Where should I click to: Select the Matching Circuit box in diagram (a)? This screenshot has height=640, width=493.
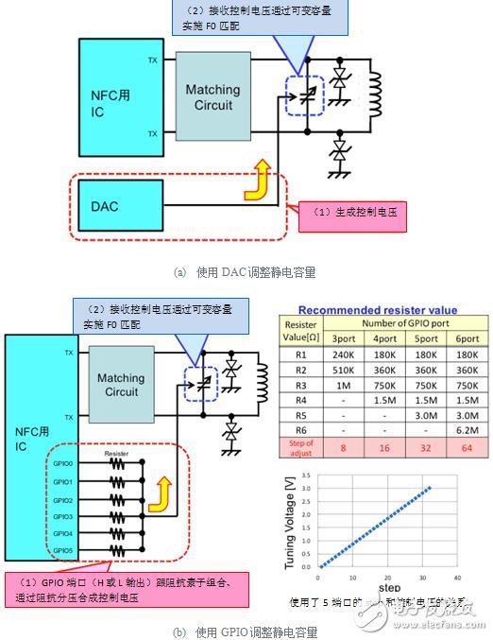click(x=212, y=97)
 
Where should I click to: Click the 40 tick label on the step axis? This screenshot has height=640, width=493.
click(x=457, y=578)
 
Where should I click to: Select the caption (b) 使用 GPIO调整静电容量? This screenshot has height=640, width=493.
click(x=246, y=631)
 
